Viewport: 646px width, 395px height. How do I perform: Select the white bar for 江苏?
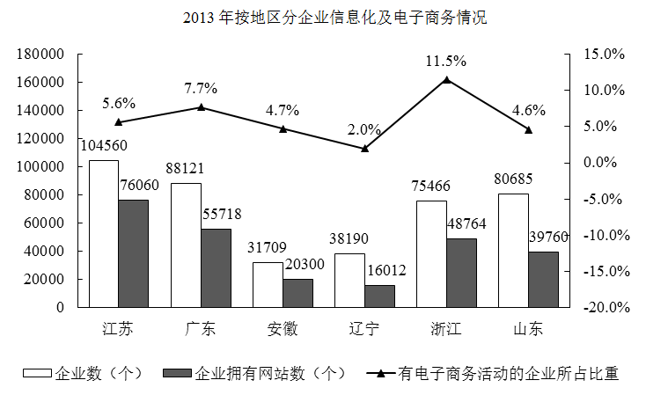104,234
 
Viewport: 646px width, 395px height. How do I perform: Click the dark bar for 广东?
216,268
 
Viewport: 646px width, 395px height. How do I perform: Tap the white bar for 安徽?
268,285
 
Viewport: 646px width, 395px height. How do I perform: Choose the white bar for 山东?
514,251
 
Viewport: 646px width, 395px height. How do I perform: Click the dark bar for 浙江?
462,273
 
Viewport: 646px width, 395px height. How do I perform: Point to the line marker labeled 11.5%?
446,80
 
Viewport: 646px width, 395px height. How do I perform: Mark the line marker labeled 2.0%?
364,148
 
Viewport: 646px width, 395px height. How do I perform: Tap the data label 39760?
549,237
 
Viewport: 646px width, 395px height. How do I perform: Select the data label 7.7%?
201,88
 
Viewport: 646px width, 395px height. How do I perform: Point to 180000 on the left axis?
40,54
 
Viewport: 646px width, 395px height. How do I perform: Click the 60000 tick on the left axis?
44,223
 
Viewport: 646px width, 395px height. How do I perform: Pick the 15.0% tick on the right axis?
604,54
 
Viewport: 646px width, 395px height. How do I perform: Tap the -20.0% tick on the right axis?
603,307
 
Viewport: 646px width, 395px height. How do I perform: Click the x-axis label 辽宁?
363,330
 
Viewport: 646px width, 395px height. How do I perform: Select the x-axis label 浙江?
446,330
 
